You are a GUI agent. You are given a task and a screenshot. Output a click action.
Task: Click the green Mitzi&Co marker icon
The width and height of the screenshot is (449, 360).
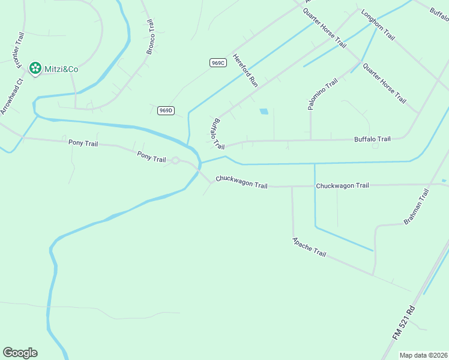tap(35, 69)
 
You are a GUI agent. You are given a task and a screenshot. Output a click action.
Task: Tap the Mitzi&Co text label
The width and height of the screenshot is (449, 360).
tap(61, 69)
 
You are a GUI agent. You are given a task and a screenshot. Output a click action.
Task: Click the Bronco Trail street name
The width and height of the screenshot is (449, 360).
tap(151, 37)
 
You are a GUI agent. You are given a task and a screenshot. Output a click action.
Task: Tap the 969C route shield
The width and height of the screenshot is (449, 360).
tap(217, 63)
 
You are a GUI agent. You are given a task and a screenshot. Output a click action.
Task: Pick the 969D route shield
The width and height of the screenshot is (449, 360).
tap(166, 110)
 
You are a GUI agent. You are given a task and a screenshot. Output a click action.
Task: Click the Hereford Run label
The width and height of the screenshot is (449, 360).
tap(245, 71)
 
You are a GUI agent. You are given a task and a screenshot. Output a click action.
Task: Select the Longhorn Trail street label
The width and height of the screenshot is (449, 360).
tap(377, 25)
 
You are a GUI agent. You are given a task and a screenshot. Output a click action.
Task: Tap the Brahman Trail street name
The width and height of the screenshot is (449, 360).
tap(417, 206)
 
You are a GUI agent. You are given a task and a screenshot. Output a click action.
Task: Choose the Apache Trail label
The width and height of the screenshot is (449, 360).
tap(309, 247)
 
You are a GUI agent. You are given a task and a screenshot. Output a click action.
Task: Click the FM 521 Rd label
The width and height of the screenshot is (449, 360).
tap(404, 323)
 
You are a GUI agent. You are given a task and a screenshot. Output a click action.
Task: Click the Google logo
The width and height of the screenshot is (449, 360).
tap(20, 353)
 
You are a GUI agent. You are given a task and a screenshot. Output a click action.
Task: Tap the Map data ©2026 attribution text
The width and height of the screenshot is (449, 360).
tap(423, 355)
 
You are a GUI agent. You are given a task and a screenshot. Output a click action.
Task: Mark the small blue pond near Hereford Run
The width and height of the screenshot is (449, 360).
tap(264, 111)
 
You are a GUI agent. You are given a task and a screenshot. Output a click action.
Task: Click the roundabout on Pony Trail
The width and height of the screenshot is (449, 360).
tap(175, 160)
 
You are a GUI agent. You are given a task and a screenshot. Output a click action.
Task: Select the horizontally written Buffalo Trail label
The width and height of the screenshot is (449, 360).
tap(372, 139)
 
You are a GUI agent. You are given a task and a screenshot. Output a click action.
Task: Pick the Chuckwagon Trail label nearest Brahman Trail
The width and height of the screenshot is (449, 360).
tap(342, 185)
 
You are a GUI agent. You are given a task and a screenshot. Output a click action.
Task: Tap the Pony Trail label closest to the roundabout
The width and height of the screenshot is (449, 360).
tap(151, 157)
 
